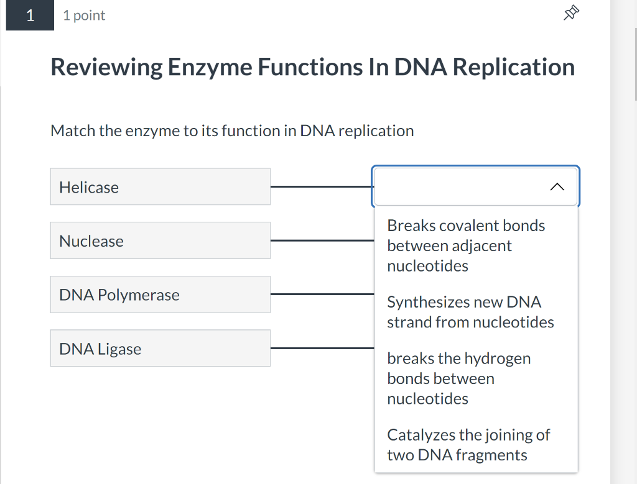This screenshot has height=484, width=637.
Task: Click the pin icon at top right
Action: (572, 13)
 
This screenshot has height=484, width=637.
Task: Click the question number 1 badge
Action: (30, 16)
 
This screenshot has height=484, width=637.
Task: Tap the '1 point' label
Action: (84, 16)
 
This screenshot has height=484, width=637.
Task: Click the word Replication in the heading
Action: (513, 67)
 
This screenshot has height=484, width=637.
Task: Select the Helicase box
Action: (160, 186)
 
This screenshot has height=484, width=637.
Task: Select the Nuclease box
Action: (160, 240)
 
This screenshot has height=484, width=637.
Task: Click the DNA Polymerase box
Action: (160, 295)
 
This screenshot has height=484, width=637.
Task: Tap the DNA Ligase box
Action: (160, 349)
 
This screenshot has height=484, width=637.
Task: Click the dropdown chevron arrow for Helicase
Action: (557, 186)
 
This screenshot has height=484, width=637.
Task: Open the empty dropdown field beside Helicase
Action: (460, 186)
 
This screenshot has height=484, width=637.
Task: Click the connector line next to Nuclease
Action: (322, 240)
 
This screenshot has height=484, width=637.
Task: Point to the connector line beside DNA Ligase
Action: (322, 349)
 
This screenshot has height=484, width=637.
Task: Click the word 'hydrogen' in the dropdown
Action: (498, 358)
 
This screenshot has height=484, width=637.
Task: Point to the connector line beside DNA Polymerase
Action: (322, 295)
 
